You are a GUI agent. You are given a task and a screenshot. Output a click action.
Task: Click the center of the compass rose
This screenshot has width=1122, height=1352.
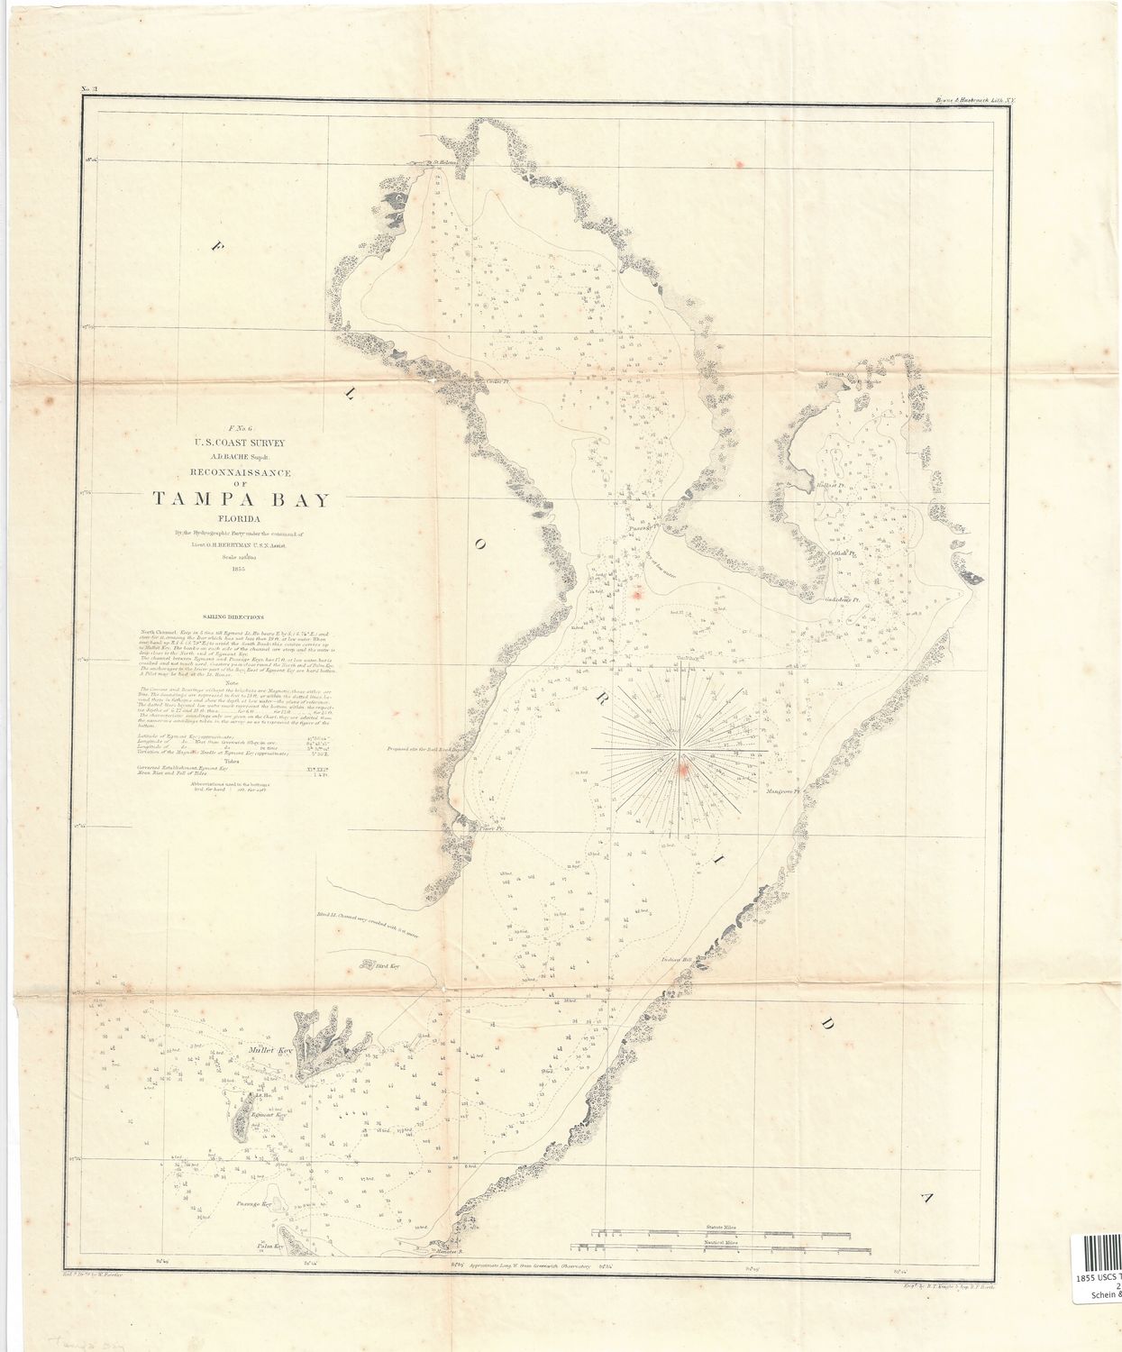coord(681,749)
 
